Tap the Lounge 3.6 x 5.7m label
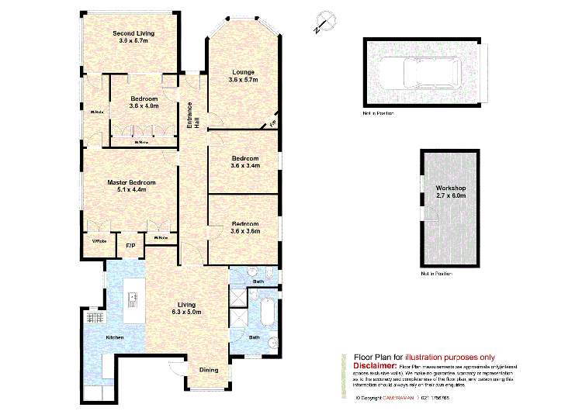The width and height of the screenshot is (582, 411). pos(242,76)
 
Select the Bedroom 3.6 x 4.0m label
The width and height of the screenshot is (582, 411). pos(144,102)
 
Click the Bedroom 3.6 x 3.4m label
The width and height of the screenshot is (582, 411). pos(245,161)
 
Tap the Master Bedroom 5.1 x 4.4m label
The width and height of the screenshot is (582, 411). pos(130,186)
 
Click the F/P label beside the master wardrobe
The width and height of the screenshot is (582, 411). pos(130,246)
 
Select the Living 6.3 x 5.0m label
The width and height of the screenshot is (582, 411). pos(187,308)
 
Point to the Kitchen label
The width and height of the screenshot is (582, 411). pos(114,337)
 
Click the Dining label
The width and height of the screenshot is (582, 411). pos(209,369)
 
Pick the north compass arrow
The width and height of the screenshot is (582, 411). pos(322,26)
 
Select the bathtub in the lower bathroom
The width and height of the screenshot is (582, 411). pos(268,313)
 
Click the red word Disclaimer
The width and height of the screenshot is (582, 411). pos(375,364)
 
